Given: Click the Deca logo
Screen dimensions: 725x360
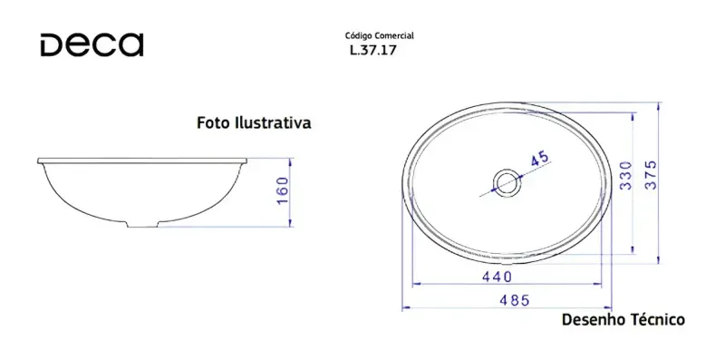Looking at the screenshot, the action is pos(92,44).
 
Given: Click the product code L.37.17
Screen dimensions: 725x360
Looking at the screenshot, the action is pos(373,51).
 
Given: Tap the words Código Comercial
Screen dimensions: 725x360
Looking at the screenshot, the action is pos(380,35).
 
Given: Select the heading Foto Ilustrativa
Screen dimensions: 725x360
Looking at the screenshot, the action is pos(254,122).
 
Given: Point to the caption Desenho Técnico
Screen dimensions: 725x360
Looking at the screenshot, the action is pos(623,319).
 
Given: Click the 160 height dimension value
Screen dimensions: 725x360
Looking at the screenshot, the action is pos(282,192).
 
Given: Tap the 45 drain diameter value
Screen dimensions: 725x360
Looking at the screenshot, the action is pos(539,160).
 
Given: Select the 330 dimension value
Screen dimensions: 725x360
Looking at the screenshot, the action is pos(625,175).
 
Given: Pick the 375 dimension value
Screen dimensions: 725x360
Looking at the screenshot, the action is pos(651,175).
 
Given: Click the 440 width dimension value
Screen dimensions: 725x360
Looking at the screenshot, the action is pos(497,277).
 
